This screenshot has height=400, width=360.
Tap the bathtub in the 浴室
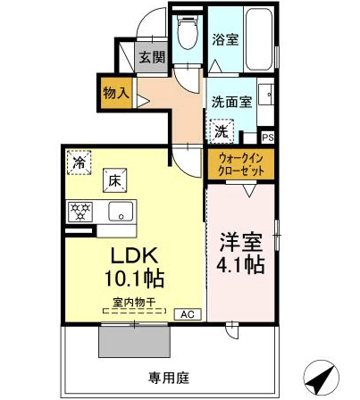click(x=259, y=38)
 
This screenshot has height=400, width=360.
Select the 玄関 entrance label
click(x=152, y=57)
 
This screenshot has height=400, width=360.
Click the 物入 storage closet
click(x=116, y=93)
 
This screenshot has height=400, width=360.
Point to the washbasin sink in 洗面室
click(x=265, y=95)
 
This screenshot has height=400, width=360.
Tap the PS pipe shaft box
click(x=268, y=137)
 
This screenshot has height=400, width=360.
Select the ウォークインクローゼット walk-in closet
click(x=240, y=164)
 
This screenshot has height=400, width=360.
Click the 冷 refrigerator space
click(x=79, y=162)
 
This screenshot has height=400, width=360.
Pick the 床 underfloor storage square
click(x=115, y=180)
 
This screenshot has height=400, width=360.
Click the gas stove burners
click(x=80, y=212)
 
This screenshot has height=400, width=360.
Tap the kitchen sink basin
click(x=121, y=212)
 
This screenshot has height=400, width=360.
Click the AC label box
click(x=188, y=314)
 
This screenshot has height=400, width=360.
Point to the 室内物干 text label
click(x=134, y=303)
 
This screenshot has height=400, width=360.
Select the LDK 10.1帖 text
click(x=134, y=267)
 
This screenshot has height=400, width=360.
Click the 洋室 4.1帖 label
click(x=240, y=253)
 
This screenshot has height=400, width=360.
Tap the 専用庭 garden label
click(x=169, y=378)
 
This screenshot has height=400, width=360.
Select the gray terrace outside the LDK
click(x=134, y=341)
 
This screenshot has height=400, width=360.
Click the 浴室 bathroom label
click(x=225, y=39)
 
